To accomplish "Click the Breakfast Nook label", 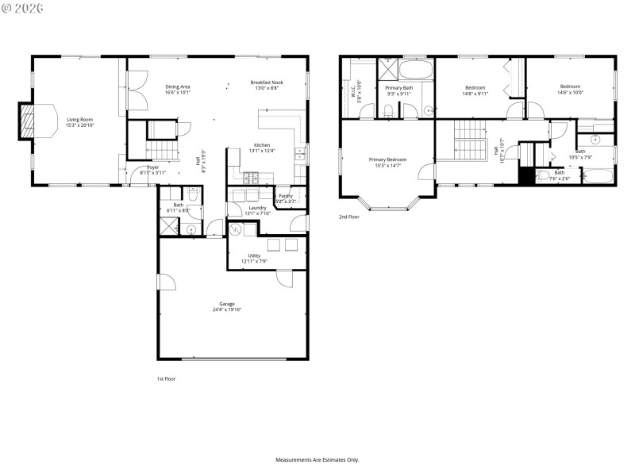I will tap(267, 83).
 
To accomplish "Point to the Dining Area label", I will tap(177, 86).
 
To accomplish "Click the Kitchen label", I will tap(262, 145).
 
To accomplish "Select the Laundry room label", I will tap(256, 208).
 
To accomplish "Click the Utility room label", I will tap(254, 255).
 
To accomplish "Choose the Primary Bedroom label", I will tap(387, 159).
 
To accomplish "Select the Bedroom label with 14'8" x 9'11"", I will tap(475, 87).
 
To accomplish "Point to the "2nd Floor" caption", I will tap(349, 217).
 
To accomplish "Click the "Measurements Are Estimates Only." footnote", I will tap(317, 459).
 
